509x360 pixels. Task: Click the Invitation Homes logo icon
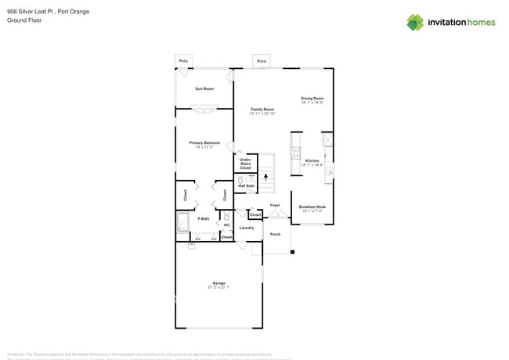coord(415,22)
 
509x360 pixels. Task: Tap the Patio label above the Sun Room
coord(183,60)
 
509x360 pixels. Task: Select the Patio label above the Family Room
coord(262,61)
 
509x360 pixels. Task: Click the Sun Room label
coord(204,88)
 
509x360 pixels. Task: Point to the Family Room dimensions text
coord(262,113)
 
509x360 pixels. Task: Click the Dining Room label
coord(312,98)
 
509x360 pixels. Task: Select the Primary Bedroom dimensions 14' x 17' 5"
coord(204,147)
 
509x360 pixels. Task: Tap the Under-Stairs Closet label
coord(245,164)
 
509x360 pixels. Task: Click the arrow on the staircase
coord(265,178)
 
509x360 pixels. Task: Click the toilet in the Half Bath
coord(240,180)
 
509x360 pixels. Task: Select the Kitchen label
coord(312,160)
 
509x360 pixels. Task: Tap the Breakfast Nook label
coord(312,207)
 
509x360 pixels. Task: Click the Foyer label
coord(275,205)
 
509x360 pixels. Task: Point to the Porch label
coord(275,234)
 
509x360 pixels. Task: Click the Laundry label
coord(246,228)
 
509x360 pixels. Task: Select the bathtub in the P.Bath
coord(182,224)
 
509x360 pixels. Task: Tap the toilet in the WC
coord(226,217)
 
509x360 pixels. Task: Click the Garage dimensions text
coord(218,287)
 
